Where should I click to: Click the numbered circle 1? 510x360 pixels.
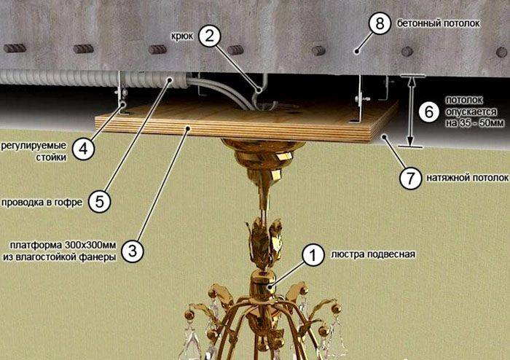click(x=313, y=255)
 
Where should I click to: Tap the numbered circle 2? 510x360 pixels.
click(x=210, y=36)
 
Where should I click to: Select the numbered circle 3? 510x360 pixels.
click(x=133, y=251)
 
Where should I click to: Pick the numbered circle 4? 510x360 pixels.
click(x=84, y=149)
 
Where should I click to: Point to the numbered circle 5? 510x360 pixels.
click(x=100, y=202)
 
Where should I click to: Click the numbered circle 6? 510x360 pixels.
click(x=429, y=111)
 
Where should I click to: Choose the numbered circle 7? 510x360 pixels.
click(x=410, y=178)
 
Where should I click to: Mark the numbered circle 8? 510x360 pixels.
click(x=380, y=23)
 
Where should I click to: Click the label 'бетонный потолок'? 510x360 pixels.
click(x=438, y=23)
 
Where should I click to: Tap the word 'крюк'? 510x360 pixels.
click(x=182, y=36)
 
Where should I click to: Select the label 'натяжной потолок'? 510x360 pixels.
click(x=468, y=178)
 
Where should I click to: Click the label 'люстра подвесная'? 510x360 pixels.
click(x=373, y=254)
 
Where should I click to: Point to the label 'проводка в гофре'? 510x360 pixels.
click(x=42, y=203)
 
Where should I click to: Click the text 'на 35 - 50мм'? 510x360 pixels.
click(x=475, y=123)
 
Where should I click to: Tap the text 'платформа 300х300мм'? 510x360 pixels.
click(x=63, y=245)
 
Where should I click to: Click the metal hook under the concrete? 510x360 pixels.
click(x=262, y=93)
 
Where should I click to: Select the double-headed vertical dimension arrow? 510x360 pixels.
click(x=411, y=111)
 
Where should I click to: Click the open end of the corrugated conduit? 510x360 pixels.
click(x=178, y=82)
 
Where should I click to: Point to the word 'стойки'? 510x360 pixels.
click(x=51, y=157)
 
